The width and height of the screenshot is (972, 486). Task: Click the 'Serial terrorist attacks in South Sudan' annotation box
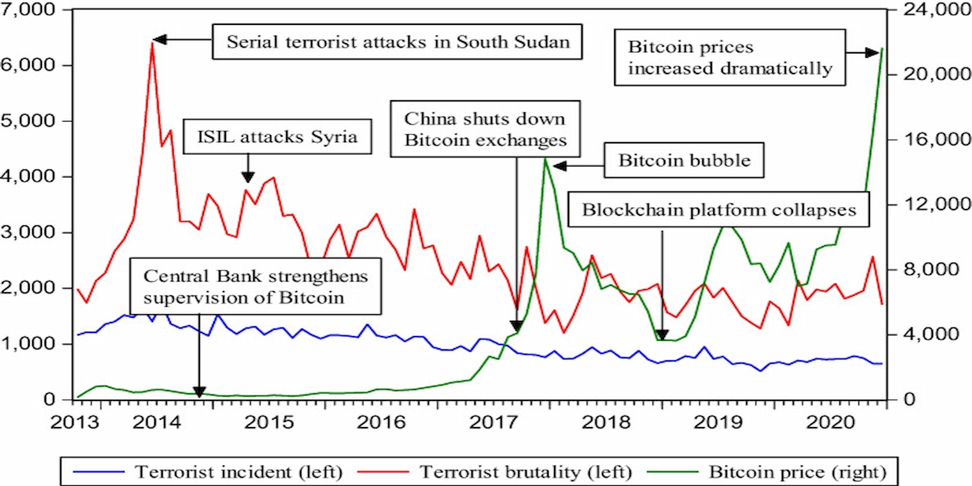coord(397,42)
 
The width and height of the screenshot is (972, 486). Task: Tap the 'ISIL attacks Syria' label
coord(277,137)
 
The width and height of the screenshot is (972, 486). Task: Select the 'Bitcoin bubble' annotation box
coord(684,160)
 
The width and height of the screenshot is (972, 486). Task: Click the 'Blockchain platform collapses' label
coord(719,210)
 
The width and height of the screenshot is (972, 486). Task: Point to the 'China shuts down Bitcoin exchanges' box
coord(485,129)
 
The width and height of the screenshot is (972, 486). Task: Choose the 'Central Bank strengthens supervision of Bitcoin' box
coord(256,287)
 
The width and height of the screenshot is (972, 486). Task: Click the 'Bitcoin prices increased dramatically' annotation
coord(730,58)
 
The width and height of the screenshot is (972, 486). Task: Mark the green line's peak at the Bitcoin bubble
coord(546,160)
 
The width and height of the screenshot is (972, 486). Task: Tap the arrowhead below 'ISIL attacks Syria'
coord(248,177)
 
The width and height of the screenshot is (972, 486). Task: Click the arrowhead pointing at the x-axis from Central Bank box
coord(199,392)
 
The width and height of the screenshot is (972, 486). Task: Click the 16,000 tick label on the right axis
coord(937,139)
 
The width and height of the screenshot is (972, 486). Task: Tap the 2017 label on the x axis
coord(493,422)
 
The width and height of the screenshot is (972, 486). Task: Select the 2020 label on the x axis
coord(830,422)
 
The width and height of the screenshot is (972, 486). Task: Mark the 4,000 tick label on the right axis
coord(931,334)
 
